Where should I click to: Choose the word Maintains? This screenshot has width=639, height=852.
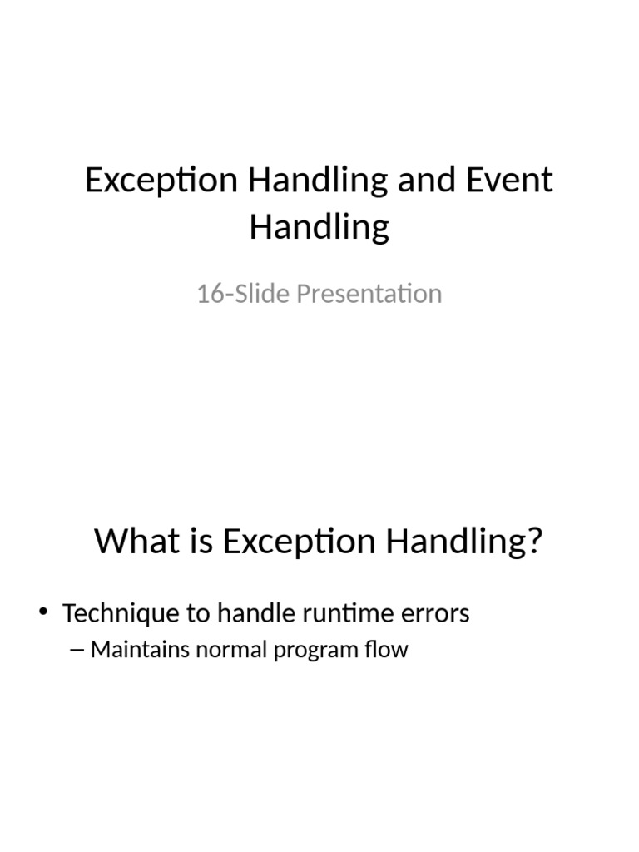tap(141, 650)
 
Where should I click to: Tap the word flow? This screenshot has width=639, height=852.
tap(388, 650)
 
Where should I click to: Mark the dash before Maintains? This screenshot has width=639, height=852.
tap(79, 650)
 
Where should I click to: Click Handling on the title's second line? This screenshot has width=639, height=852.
tap(319, 226)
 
